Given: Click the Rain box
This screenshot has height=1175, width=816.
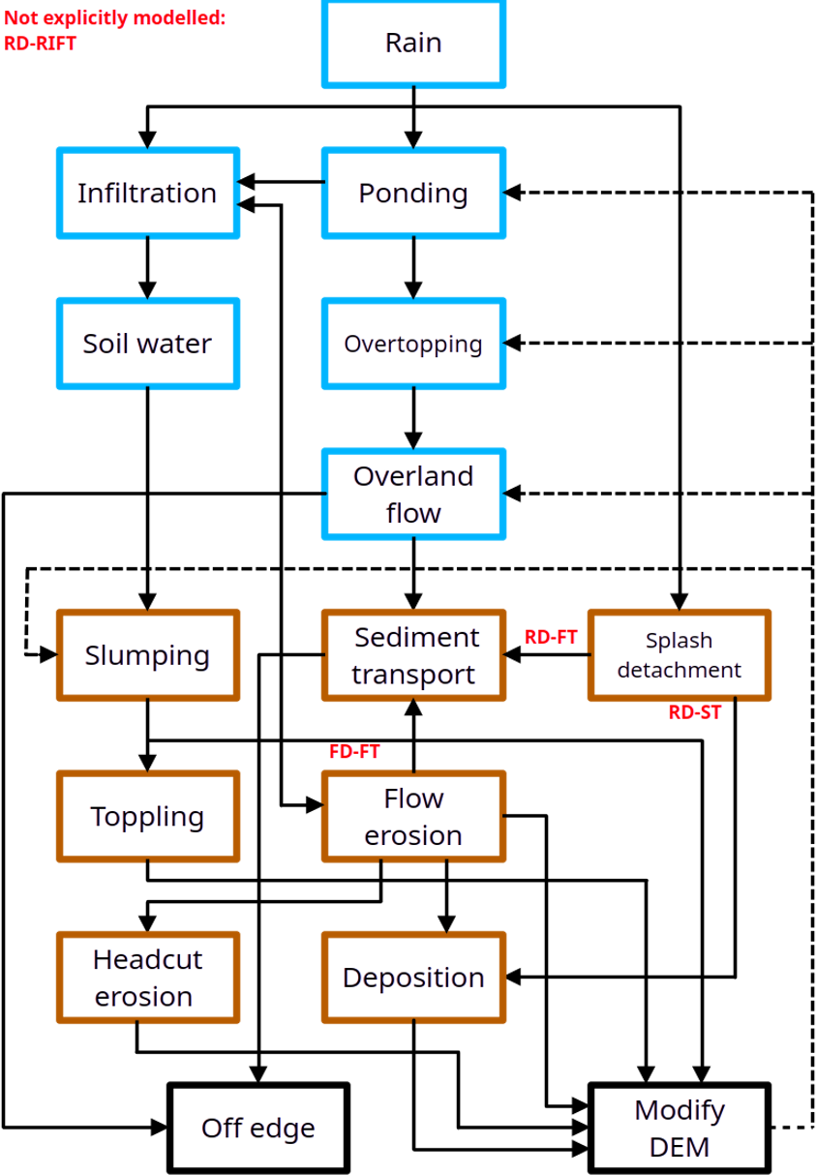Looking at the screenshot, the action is [413, 44].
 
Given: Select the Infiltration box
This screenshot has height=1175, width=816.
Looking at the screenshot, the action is [148, 193].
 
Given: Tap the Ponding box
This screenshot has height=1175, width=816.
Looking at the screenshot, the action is [413, 193].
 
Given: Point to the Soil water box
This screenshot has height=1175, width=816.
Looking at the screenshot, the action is [148, 344].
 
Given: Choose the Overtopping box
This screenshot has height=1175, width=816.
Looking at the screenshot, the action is [413, 344].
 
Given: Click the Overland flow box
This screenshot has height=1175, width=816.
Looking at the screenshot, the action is [413, 494].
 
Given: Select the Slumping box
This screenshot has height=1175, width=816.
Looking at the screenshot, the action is [148, 654].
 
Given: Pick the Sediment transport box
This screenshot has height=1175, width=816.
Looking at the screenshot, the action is [413, 654].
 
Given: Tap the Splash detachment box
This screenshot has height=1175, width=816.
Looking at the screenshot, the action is [680, 654].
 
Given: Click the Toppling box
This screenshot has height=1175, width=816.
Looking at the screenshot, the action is [148, 816].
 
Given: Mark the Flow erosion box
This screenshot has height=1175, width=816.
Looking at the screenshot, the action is [413, 816].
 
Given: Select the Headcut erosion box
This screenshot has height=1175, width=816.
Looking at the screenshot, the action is [148, 977].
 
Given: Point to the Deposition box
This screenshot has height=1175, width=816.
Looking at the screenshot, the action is [413, 977].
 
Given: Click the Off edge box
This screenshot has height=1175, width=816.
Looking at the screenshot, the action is [258, 1128].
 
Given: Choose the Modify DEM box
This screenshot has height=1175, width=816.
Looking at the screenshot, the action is [680, 1128].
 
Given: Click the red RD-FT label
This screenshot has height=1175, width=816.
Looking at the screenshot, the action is [551, 637].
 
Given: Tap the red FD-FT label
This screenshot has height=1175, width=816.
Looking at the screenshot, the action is [354, 751].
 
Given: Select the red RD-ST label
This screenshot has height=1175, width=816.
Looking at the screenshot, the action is [695, 711].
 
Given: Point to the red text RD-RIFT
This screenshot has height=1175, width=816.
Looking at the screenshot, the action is [40, 43].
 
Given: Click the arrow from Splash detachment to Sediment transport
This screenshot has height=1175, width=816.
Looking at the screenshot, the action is [547, 654].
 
